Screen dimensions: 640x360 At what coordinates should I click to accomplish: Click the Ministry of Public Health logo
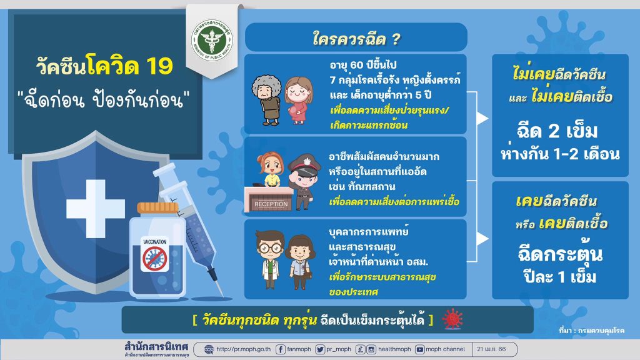(212, 39)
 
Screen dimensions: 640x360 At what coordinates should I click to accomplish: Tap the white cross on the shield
(96, 208)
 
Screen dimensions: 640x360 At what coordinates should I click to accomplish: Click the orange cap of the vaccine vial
(157, 208)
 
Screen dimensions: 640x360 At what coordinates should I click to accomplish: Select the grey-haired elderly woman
(267, 99)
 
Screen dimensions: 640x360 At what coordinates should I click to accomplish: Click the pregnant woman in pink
(298, 101)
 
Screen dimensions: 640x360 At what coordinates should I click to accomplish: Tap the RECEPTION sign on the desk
(271, 204)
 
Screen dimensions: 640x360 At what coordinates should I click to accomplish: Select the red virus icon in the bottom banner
(452, 319)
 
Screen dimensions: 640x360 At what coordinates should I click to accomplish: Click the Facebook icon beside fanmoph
(281, 349)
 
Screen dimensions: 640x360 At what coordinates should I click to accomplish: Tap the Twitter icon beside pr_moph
(320, 349)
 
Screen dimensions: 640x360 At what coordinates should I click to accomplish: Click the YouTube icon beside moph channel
(419, 349)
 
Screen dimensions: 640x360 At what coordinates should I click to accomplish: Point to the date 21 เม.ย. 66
(491, 349)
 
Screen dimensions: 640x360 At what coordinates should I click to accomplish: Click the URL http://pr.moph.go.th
(243, 349)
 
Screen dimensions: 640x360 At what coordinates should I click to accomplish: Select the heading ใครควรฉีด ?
(356, 39)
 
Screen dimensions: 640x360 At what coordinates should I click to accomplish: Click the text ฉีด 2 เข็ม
(557, 131)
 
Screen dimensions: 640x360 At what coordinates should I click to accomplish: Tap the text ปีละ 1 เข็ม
(560, 277)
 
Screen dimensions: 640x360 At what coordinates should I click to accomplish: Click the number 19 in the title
(159, 66)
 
